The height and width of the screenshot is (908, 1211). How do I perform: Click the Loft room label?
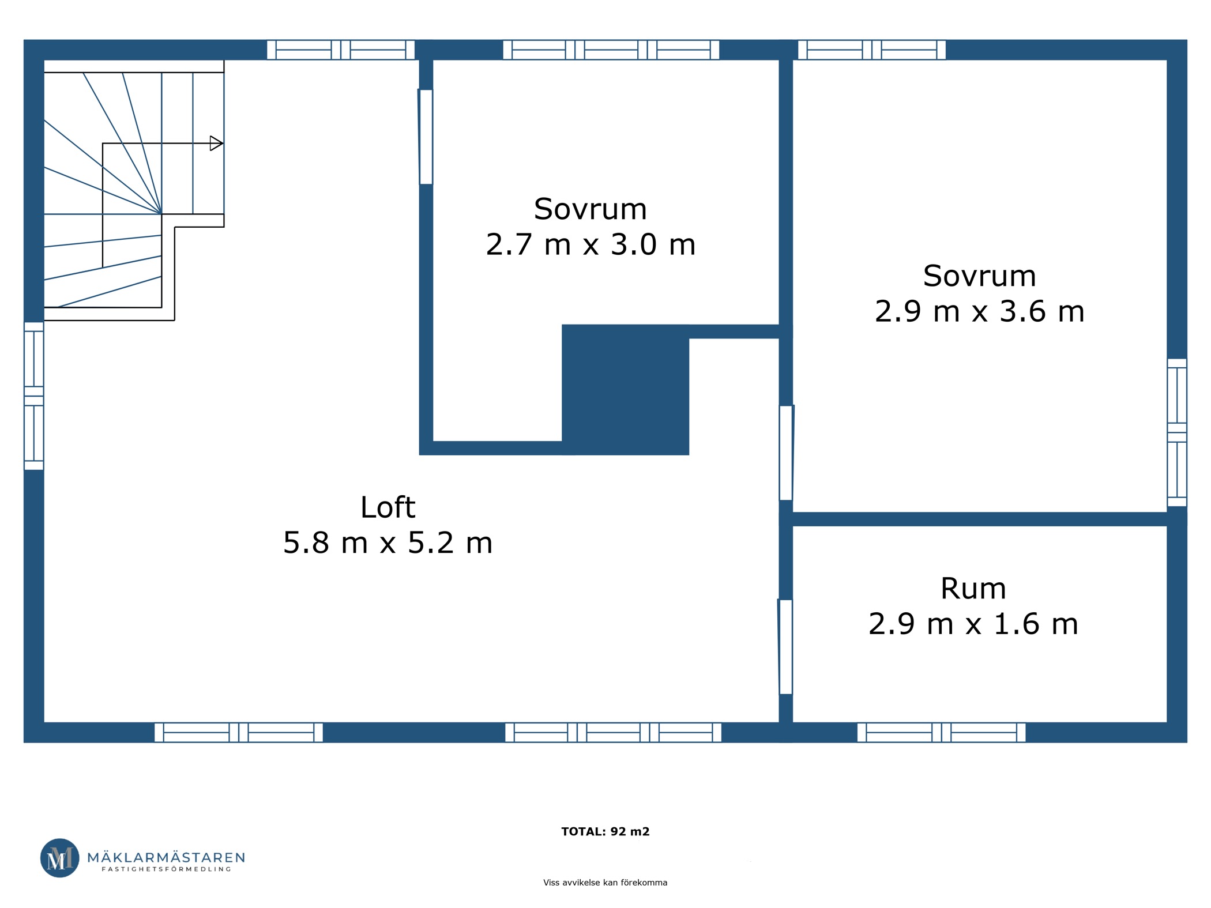388,507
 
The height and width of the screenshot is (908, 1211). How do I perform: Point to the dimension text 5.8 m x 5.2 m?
388,543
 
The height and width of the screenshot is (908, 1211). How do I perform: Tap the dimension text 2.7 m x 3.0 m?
591,244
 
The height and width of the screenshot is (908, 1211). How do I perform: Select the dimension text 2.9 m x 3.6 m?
980,311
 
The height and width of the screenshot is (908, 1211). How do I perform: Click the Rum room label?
973,589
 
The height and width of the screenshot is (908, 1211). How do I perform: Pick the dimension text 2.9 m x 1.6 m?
973,624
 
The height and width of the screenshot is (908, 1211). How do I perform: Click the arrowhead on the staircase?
216,143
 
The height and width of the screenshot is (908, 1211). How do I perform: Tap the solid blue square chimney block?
626,390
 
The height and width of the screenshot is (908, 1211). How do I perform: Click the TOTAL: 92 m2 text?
605,831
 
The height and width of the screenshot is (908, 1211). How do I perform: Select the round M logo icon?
60,858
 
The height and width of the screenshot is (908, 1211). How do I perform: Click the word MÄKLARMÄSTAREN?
166,857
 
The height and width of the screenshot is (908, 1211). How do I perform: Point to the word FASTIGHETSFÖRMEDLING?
166,869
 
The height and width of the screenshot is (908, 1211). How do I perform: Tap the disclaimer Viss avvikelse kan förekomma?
605,883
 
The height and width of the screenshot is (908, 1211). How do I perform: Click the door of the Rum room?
785,647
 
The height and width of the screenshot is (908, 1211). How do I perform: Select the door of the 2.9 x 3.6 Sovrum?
787,453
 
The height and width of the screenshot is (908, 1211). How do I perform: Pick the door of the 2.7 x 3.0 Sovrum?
426,137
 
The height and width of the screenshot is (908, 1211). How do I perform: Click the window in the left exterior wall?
34,396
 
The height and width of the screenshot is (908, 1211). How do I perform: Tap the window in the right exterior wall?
1177,432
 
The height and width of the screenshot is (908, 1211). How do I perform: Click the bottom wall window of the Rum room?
942,732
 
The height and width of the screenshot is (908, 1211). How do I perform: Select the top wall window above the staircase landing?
341,50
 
